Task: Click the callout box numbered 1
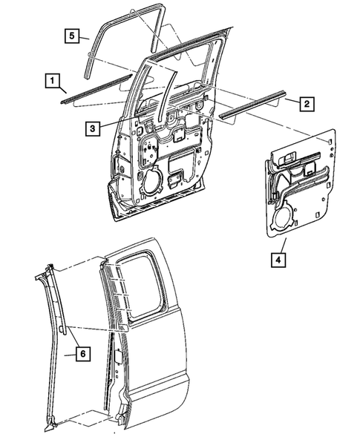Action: (51, 79)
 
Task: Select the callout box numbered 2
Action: (305, 104)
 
